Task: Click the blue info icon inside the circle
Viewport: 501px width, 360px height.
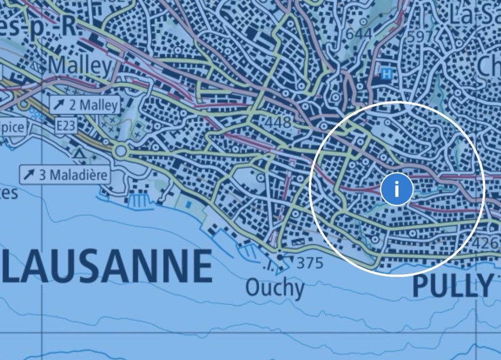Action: pyautogui.click(x=396, y=188)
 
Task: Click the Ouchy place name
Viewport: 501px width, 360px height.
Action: pyautogui.click(x=275, y=288)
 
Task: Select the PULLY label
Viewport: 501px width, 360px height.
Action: pyautogui.click(x=452, y=286)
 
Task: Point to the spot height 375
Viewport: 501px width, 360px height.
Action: pyautogui.click(x=309, y=262)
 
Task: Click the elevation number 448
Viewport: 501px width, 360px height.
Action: pyautogui.click(x=278, y=123)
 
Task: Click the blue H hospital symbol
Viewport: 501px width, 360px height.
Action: pyautogui.click(x=388, y=74)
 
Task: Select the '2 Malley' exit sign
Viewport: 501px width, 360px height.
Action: pyautogui.click(x=85, y=105)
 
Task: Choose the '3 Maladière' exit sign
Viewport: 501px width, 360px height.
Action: pyautogui.click(x=65, y=174)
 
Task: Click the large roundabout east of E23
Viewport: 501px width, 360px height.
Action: pyautogui.click(x=121, y=151)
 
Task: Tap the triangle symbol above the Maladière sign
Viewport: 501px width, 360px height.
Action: pyautogui.click(x=80, y=154)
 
